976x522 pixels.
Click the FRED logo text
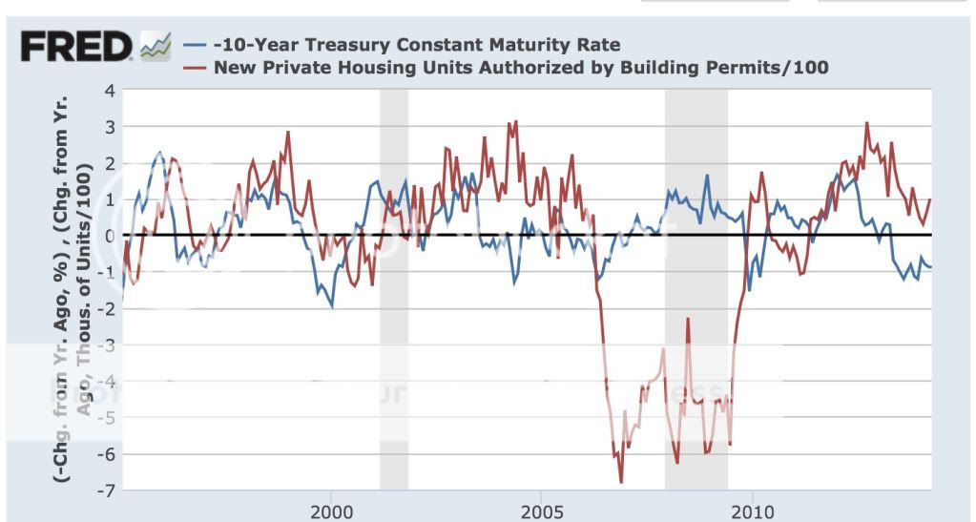(75, 47)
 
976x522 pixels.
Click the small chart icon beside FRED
(155, 46)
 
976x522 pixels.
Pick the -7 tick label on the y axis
(106, 491)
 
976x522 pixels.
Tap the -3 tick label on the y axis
(106, 345)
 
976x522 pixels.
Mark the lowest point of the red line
(621, 482)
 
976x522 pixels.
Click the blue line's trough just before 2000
(331, 305)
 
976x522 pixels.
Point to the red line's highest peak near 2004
(515, 122)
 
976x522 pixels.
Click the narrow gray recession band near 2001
(393, 286)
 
